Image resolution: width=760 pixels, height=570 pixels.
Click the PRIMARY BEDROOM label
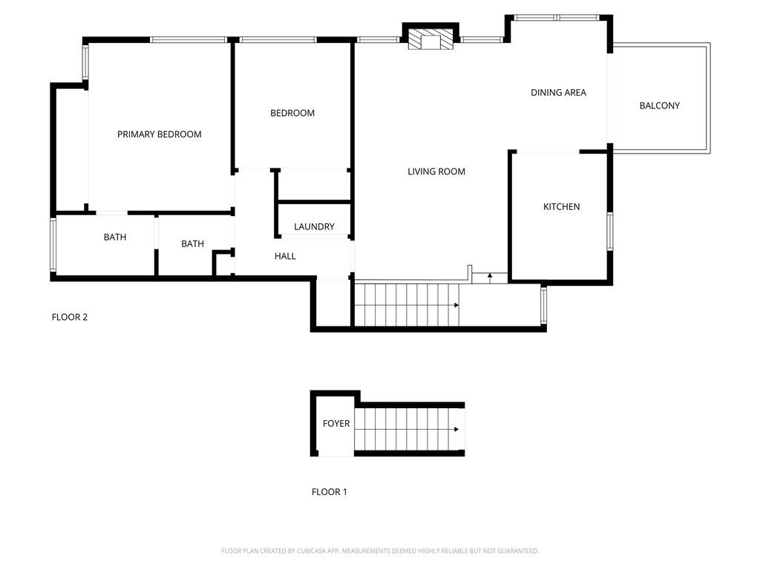[x=160, y=134]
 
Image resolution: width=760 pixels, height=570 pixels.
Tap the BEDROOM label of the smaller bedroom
[x=292, y=113]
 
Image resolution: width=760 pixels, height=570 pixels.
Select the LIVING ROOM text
[x=436, y=171]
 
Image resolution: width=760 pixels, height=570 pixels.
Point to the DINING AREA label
[x=558, y=93]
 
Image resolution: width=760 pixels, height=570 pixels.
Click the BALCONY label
[x=659, y=105]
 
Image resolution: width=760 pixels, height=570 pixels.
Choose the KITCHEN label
[x=561, y=206]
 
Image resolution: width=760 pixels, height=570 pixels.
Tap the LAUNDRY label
[x=314, y=226]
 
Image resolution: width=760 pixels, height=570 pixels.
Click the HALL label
[x=285, y=256]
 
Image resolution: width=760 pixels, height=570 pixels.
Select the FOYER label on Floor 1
[x=335, y=424]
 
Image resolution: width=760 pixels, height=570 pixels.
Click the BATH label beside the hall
[x=192, y=243]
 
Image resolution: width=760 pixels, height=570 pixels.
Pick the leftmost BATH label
[x=114, y=237]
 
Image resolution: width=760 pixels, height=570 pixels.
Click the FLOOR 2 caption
[x=70, y=317]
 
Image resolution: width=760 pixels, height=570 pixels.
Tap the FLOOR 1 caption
[x=329, y=491]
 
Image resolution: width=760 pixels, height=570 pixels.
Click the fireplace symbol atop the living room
[x=431, y=40]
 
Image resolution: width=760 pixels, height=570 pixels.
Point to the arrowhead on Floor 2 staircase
[x=456, y=305]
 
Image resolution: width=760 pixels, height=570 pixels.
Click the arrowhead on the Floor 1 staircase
[x=456, y=429]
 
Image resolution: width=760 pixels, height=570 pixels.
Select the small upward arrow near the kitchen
[x=490, y=277]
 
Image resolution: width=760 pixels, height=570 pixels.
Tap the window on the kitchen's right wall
[x=610, y=231]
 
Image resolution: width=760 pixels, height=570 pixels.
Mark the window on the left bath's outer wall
[x=53, y=245]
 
